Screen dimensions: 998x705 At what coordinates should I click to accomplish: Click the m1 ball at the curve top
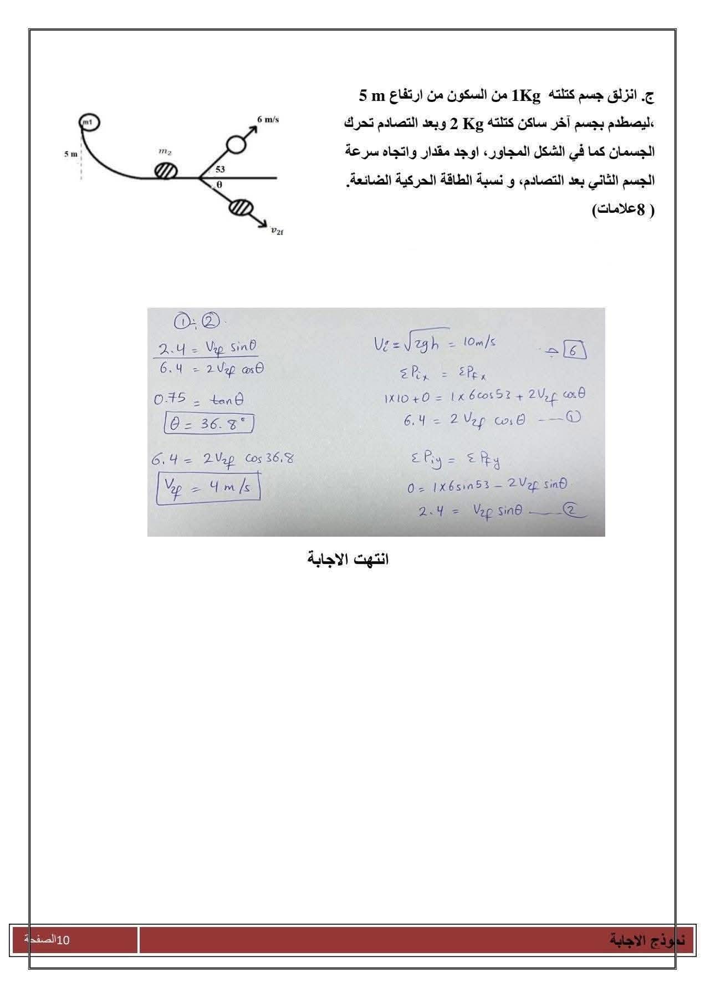[89, 121]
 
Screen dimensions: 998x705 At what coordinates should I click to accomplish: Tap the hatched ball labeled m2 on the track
[165, 170]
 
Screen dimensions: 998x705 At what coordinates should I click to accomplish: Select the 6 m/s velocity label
[268, 120]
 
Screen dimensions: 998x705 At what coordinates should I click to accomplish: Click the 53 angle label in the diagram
[220, 170]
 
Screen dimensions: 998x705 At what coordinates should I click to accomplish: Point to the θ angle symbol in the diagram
[219, 185]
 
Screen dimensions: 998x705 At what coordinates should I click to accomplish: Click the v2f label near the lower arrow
[277, 231]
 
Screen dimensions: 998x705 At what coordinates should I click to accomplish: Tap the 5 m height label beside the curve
[70, 154]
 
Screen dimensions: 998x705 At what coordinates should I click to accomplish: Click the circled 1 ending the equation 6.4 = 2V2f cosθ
[573, 419]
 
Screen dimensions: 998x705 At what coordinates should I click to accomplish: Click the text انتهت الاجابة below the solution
[348, 559]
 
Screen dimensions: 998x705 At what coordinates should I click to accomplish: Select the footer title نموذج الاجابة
[647, 940]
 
